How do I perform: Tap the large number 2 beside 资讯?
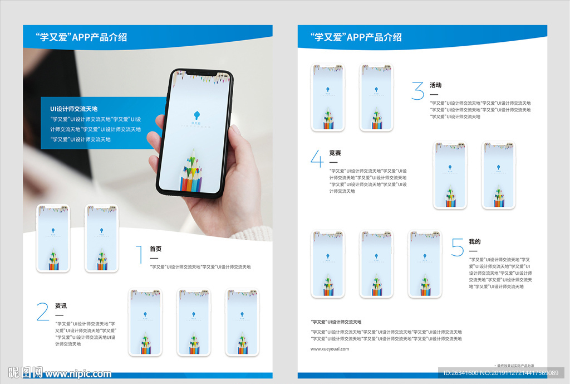[43, 312]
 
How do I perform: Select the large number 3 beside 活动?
[417, 90]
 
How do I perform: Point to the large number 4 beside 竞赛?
[317, 158]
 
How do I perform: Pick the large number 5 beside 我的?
[458, 247]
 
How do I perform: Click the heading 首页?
[155, 249]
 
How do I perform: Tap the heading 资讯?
[61, 306]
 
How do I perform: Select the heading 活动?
[435, 85]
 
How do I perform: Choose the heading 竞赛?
[335, 153]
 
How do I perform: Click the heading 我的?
[474, 242]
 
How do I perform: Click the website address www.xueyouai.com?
[330, 349]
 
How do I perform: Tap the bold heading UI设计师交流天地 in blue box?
[73, 109]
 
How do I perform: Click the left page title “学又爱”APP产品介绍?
[81, 37]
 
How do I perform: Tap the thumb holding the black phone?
[157, 125]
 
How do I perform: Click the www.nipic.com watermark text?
[78, 373]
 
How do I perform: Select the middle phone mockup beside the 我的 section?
[376, 265]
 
